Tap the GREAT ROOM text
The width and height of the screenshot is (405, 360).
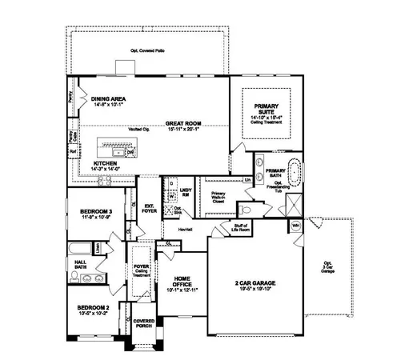pos(183,124)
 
